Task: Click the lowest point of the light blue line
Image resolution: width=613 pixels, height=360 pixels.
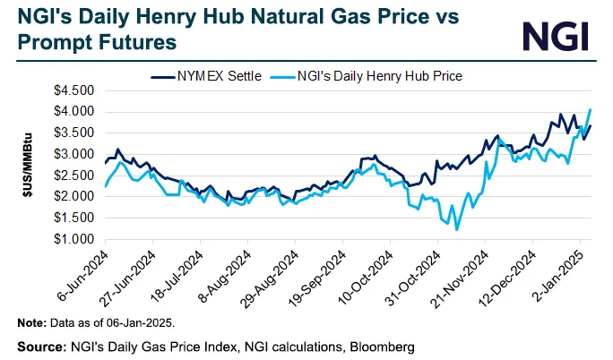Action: tap(457, 230)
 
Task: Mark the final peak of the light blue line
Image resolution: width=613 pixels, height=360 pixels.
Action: tap(590, 110)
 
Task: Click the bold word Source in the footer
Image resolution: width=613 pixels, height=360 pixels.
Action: tap(39, 345)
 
